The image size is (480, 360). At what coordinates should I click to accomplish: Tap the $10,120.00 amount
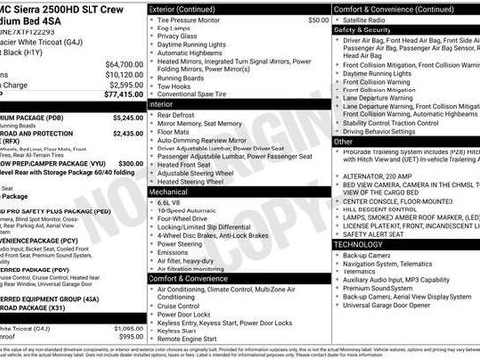pyautogui.click(x=124, y=74)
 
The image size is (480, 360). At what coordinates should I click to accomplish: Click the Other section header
pyautogui.click(x=343, y=142)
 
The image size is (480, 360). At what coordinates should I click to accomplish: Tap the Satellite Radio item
pyautogui.click(x=374, y=19)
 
